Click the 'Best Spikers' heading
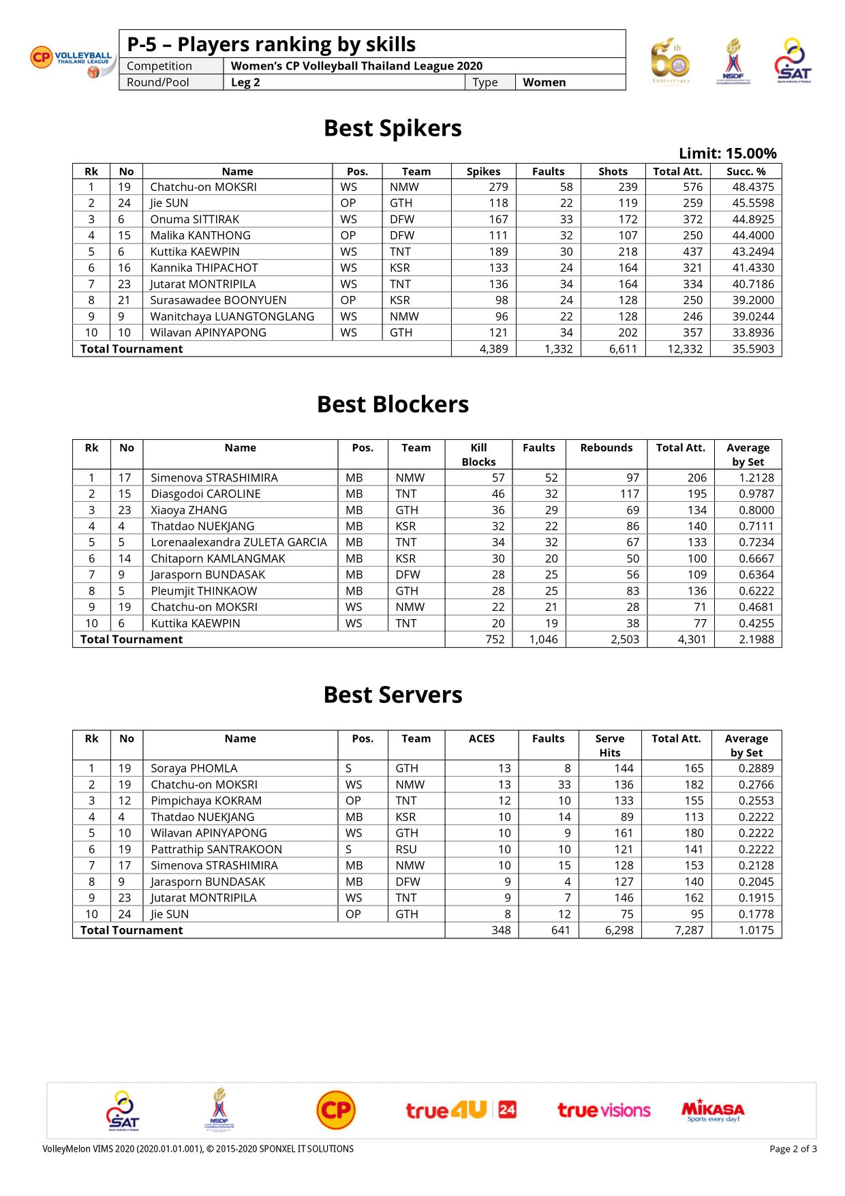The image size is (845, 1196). [x=393, y=128]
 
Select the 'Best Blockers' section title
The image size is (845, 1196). [x=393, y=404]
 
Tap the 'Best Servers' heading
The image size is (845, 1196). [x=393, y=695]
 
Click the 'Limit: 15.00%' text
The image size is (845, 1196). [x=727, y=153]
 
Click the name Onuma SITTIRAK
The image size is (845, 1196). [x=194, y=219]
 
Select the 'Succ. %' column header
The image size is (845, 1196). [x=746, y=171]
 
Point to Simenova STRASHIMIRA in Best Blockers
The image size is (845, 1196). [x=214, y=477]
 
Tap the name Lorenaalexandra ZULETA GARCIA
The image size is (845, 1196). [x=239, y=542]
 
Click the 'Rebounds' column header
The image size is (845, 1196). [x=606, y=447]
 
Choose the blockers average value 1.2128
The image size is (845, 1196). [x=756, y=477]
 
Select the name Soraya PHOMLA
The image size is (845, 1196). [x=194, y=768]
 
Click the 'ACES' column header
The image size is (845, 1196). [x=481, y=738]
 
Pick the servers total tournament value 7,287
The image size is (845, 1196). [x=689, y=930]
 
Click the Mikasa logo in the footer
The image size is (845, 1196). [x=713, y=1110]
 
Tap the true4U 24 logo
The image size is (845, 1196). [x=461, y=1110]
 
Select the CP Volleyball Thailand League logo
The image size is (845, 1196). [x=72, y=60]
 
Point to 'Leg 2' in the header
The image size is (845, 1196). [x=245, y=83]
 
